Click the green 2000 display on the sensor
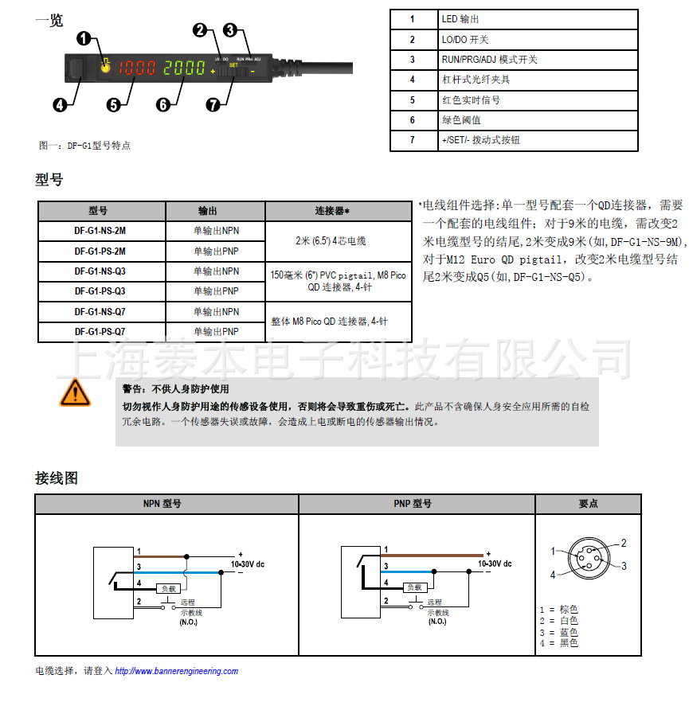tap(185, 68)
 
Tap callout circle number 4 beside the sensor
tap(61, 103)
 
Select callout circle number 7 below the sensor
tap(213, 104)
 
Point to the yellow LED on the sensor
tap(106, 68)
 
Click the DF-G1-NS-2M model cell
tap(101, 231)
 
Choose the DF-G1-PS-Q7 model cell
tap(101, 332)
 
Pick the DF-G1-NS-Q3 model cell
tap(101, 271)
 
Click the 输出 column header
tap(215, 211)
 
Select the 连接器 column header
tap(339, 211)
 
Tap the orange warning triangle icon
tap(75, 393)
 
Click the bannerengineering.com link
tap(177, 671)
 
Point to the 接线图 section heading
tap(57, 478)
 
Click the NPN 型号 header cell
tap(166, 504)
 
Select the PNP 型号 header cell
tap(417, 504)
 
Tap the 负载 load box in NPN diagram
tap(168, 587)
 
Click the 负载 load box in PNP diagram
tap(414, 587)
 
